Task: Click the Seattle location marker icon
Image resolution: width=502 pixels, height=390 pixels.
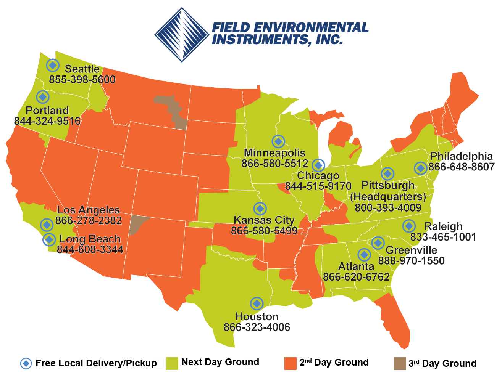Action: pos(53,65)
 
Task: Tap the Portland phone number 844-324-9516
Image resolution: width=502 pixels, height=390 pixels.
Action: pos(47,121)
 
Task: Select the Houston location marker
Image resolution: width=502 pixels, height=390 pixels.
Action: pos(257,303)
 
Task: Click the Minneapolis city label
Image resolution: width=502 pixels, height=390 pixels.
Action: pos(274,153)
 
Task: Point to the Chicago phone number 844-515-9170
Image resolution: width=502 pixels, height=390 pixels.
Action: pos(318,186)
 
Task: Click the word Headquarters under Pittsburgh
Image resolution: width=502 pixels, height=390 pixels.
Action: pos(388,197)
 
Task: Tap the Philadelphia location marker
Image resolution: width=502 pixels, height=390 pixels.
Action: pos(420,168)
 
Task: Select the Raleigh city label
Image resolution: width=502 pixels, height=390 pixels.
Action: pos(443,226)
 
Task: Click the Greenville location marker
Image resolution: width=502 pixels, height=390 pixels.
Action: pos(378,242)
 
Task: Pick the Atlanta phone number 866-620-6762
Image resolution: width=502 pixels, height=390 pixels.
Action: pos(356,277)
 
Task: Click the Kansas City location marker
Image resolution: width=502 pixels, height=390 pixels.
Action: pos(260,209)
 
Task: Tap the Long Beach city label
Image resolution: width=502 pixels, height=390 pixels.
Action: pos(90,239)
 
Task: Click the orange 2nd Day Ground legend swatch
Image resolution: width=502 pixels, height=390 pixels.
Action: pos(291,363)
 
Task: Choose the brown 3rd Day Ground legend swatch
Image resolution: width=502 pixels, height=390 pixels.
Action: pos(400,363)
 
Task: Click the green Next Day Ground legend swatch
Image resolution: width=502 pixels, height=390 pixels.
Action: pos(173,363)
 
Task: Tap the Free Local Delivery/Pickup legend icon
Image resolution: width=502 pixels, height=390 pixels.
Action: pos(26,363)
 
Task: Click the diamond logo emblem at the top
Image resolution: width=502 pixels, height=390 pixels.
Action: pos(182,34)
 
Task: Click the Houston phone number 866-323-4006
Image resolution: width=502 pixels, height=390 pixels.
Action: pos(257,327)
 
